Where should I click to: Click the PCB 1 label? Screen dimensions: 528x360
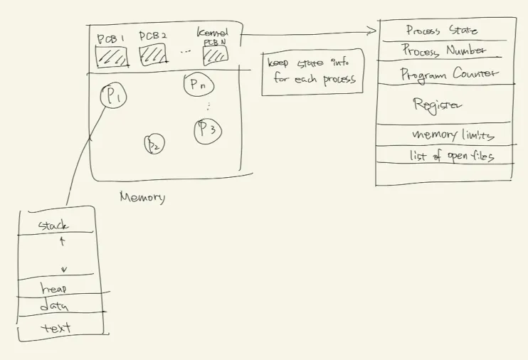[x=112, y=36]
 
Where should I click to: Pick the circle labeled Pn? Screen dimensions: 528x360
[x=198, y=85]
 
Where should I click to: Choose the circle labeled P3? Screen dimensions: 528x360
[x=208, y=130]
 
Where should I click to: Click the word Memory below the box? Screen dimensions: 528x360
[x=142, y=198]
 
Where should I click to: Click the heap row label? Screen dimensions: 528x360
[x=55, y=290]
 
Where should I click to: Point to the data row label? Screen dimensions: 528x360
[x=54, y=307]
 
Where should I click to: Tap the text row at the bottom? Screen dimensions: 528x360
[x=56, y=328]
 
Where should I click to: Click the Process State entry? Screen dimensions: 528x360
[x=441, y=31]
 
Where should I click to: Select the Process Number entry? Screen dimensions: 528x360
[x=443, y=51]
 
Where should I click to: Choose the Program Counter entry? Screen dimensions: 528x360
[x=448, y=73]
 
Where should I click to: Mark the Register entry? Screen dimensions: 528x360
[x=437, y=105]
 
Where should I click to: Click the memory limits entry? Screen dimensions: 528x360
[x=453, y=135]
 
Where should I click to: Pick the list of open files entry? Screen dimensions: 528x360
[x=451, y=156]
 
